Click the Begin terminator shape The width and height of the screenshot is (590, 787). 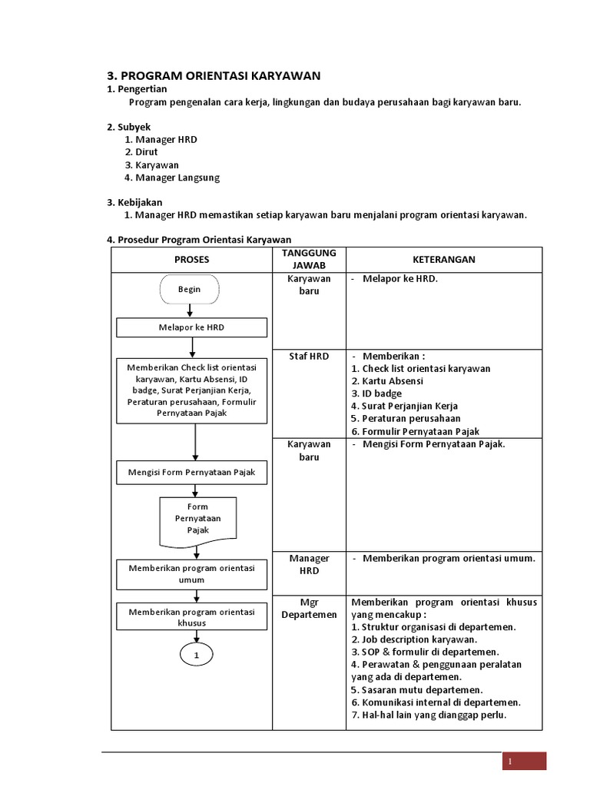[x=189, y=289]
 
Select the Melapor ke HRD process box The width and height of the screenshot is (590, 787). [x=191, y=327]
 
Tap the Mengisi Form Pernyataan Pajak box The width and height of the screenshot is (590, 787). [x=191, y=472]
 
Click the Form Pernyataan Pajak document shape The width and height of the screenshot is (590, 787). [x=197, y=519]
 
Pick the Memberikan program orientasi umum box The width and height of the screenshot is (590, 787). [x=191, y=574]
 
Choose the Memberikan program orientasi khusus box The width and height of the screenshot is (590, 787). [x=191, y=617]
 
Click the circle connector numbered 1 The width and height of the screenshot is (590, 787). [x=197, y=655]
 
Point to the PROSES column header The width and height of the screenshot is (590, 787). [x=191, y=260]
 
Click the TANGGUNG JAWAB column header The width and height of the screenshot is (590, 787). [x=309, y=260]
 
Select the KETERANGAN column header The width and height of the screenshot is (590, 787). [x=443, y=260]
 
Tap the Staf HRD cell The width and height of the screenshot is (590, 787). [x=309, y=357]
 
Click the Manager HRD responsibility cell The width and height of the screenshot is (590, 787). [x=309, y=564]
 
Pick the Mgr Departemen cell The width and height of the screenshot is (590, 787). [x=309, y=608]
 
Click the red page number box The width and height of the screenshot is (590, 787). [x=525, y=761]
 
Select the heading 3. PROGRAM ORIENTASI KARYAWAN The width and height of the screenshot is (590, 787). [x=213, y=75]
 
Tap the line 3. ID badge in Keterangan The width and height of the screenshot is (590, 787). [x=376, y=393]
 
